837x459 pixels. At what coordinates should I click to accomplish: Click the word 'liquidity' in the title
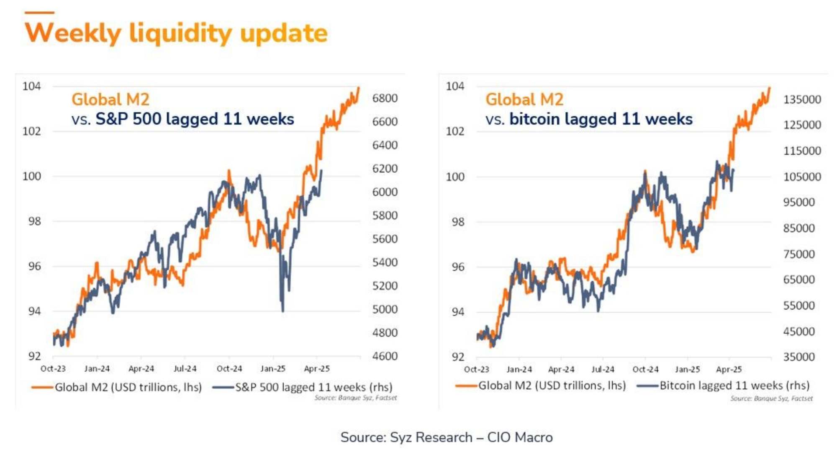pyautogui.click(x=180, y=33)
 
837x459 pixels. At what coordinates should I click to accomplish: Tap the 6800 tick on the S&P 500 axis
pyautogui.click(x=385, y=98)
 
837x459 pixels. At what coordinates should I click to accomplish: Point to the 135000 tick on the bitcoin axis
pyautogui.click(x=802, y=100)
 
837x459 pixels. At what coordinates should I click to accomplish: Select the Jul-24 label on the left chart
pyautogui.click(x=185, y=369)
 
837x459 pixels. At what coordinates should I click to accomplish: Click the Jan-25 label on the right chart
pyautogui.click(x=687, y=369)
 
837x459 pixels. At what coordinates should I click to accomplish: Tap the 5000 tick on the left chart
pyautogui.click(x=385, y=309)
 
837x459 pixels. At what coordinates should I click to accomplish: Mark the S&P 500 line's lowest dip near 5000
pyautogui.click(x=283, y=310)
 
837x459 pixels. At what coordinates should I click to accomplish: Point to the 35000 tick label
pyautogui.click(x=799, y=357)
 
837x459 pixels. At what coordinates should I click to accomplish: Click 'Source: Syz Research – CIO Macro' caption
pyautogui.click(x=446, y=437)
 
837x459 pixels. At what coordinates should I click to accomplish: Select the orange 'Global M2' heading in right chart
pyautogui.click(x=524, y=100)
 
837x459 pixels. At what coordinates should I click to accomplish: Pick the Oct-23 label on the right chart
pyautogui.click(x=476, y=369)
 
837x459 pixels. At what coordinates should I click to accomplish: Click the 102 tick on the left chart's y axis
pyautogui.click(x=32, y=131)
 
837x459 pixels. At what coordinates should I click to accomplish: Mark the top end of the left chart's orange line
pyautogui.click(x=359, y=88)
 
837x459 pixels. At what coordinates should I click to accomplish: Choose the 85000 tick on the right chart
pyautogui.click(x=799, y=228)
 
